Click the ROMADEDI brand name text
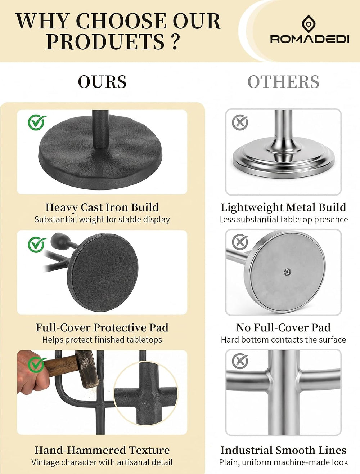pyautogui.click(x=310, y=39)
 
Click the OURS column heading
pyautogui.click(x=102, y=82)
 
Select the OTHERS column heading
pyautogui.click(x=283, y=82)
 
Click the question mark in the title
pyautogui.click(x=175, y=41)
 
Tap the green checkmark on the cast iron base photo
pyautogui.click(x=37, y=122)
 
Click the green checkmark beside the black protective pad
pyautogui.click(x=37, y=245)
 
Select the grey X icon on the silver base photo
pyautogui.click(x=240, y=122)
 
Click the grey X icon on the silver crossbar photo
pyautogui.click(x=240, y=361)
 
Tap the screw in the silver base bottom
pyautogui.click(x=287, y=272)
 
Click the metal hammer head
pyautogui.click(x=87, y=368)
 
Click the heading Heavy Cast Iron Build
pyautogui.click(x=102, y=207)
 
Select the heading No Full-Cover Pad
pyautogui.click(x=283, y=327)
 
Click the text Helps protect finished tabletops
pyautogui.click(x=102, y=340)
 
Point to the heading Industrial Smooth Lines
pyautogui.click(x=283, y=450)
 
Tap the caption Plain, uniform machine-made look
pyautogui.click(x=283, y=462)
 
